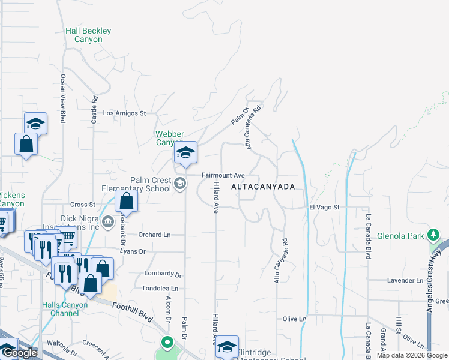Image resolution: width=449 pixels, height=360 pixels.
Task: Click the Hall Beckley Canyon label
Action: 88,35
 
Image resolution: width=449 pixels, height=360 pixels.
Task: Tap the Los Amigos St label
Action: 125,113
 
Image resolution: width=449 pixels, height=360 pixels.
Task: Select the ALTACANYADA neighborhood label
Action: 263,187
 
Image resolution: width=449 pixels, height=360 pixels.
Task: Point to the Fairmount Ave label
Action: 223,175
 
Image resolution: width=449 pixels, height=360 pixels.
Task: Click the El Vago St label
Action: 324,207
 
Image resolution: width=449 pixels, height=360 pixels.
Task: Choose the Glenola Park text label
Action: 400,236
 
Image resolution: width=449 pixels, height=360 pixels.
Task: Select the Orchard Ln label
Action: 155,234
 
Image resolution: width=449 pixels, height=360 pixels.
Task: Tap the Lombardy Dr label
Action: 163,274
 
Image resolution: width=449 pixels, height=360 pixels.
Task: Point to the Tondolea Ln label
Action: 160,289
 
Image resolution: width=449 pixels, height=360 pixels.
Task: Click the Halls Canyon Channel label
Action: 65,309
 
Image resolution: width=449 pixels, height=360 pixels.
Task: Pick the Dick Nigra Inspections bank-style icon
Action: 107,221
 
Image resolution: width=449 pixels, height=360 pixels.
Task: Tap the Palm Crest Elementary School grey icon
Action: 181,184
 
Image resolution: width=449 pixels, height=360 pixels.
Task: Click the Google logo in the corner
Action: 19,353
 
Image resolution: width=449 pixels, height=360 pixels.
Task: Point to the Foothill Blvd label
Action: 134,312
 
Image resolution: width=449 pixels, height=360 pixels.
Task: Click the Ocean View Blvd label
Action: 62,98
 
